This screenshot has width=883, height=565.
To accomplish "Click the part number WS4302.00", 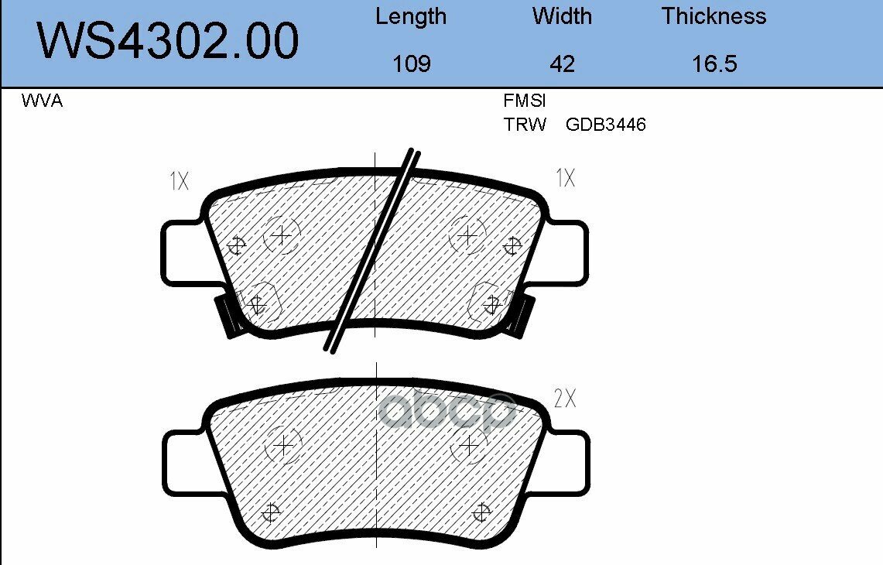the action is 168,40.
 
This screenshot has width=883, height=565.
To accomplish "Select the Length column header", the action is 410,17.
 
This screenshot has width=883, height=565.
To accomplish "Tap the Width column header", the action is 562,15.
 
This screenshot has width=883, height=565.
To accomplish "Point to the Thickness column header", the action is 714,15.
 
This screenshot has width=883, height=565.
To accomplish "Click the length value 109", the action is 412,63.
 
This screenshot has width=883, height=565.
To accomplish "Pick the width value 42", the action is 562,63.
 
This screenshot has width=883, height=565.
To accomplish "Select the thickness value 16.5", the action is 714,63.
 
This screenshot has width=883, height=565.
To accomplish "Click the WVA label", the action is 42,101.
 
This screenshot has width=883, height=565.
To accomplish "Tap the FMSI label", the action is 524,101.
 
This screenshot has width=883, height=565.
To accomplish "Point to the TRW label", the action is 525,125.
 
